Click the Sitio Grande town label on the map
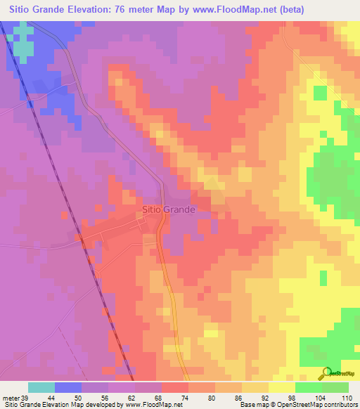tap(168, 209)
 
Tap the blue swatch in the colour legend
tap(68, 387)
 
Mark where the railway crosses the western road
tap(82, 241)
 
